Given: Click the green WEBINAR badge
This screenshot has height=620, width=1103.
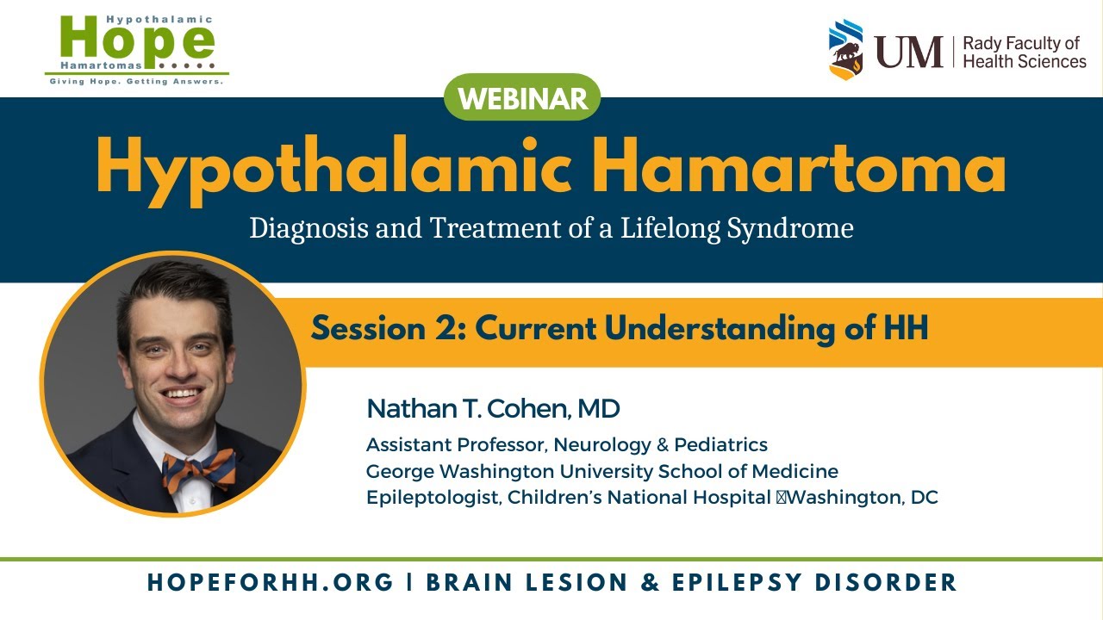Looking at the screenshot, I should (521, 98).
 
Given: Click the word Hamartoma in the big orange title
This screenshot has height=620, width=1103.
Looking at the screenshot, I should (800, 167).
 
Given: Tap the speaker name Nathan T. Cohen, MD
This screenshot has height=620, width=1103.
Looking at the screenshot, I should (493, 408).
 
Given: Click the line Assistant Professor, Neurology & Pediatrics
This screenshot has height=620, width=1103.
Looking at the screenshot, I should (566, 445).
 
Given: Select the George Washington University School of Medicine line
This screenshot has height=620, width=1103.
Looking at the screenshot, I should (601, 471).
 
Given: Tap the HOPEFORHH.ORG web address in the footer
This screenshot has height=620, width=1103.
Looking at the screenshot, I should (271, 582).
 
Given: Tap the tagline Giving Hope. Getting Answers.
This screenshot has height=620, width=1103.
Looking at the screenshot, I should (136, 82).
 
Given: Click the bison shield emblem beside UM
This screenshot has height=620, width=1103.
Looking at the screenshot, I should (846, 50).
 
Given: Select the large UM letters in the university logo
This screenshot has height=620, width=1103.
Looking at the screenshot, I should (909, 52).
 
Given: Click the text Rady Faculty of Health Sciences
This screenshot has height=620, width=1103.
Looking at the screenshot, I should (1024, 52).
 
